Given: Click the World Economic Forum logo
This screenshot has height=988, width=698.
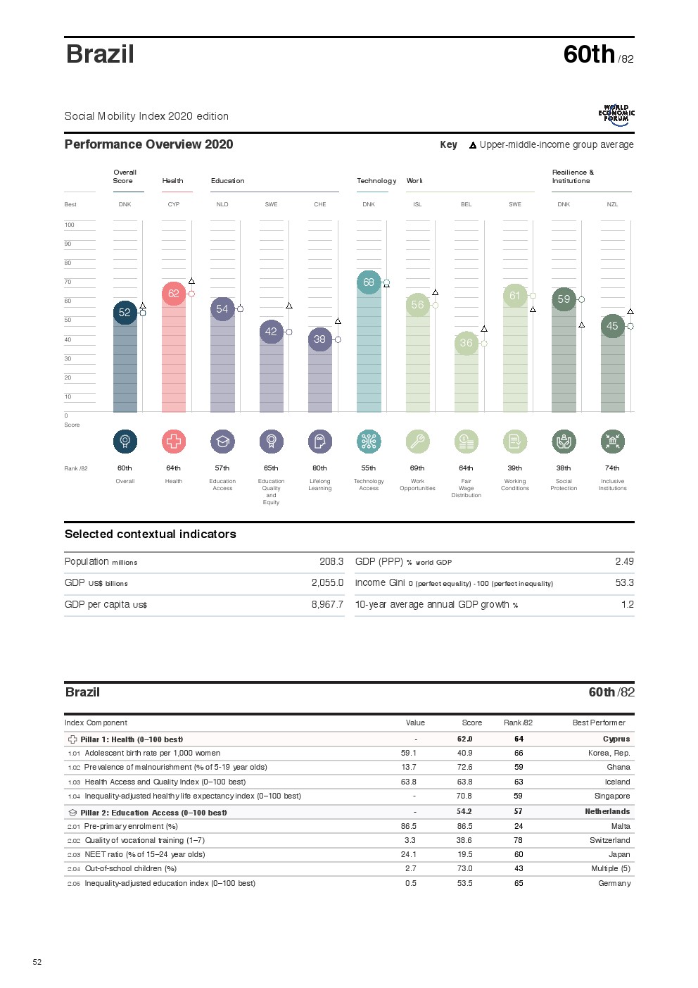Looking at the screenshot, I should pyautogui.click(x=616, y=115).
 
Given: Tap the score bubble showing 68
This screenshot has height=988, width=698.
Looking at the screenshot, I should pyautogui.click(x=369, y=282).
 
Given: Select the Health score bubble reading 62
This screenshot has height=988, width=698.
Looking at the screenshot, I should pyautogui.click(x=174, y=294).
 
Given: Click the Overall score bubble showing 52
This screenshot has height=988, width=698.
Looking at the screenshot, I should pyautogui.click(x=125, y=312).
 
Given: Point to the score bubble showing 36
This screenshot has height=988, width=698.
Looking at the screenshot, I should pyautogui.click(x=466, y=343).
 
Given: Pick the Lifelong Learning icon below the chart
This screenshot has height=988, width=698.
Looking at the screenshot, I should pyautogui.click(x=319, y=442).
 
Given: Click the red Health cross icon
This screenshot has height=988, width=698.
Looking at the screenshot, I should pyautogui.click(x=174, y=442).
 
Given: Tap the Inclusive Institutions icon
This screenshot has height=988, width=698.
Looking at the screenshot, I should pyautogui.click(x=612, y=442).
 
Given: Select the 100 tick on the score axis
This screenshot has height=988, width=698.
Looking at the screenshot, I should pyautogui.click(x=69, y=225).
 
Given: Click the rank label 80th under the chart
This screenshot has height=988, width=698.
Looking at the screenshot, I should pyautogui.click(x=319, y=468).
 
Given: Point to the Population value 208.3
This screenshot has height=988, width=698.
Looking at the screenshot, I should pyautogui.click(x=331, y=562).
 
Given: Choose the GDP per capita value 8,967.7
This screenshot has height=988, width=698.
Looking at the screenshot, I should pyautogui.click(x=327, y=605).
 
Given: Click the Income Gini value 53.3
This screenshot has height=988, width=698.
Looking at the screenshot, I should pyautogui.click(x=624, y=583).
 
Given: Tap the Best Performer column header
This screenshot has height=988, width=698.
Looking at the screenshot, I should pyautogui.click(x=599, y=723).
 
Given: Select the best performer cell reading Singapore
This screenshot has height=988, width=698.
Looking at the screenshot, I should pyautogui.click(x=612, y=796).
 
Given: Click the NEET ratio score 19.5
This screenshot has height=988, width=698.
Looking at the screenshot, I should pyautogui.click(x=464, y=855).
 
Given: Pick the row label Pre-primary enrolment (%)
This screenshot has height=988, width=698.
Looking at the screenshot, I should pyautogui.click(x=131, y=827).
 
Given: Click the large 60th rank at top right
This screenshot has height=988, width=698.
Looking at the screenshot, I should pyautogui.click(x=589, y=54).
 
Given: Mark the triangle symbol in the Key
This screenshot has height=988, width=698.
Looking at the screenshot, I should pyautogui.click(x=473, y=145).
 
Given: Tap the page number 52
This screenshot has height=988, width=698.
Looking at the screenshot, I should pyautogui.click(x=37, y=962).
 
